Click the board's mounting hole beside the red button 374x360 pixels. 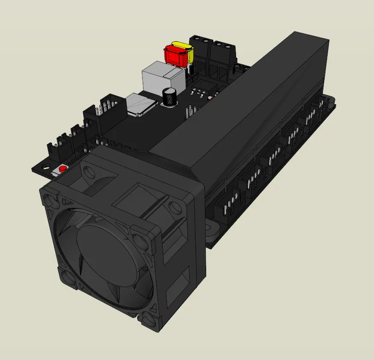click(45, 167)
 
